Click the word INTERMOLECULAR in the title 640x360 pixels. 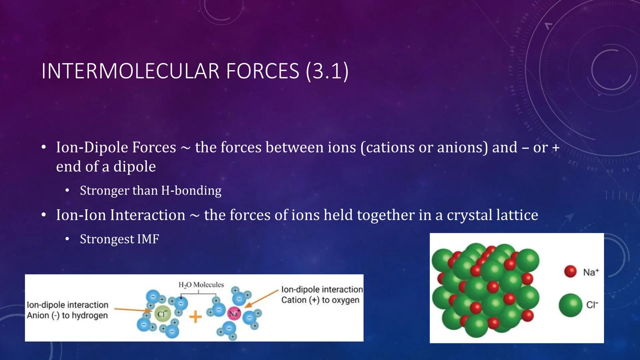tap(130, 71)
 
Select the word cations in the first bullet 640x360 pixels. tap(387, 147)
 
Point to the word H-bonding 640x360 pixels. tap(191, 191)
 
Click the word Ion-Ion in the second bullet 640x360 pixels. tap(81, 215)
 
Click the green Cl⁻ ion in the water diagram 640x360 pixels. tap(162, 314)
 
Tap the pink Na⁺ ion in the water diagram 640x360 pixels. tap(234, 314)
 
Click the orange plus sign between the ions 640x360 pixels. tap(196, 317)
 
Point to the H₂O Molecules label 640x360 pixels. tap(201, 285)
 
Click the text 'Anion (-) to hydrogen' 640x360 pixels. tap(67, 315)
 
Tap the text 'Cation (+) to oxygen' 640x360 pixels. tap(320, 300)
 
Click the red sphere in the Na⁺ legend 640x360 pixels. tap(570, 271)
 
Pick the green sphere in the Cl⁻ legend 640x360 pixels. tap(570, 305)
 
